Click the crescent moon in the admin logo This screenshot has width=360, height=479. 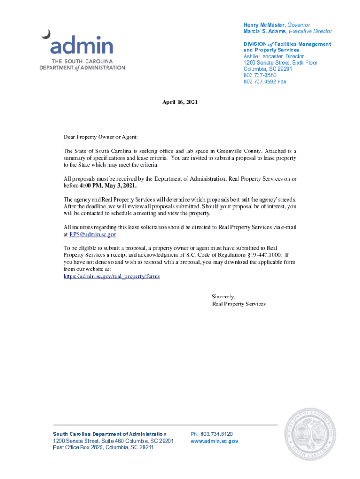45,34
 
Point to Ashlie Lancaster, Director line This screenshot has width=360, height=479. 274,56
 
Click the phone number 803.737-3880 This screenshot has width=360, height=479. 260,75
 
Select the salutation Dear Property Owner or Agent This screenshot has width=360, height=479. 101,137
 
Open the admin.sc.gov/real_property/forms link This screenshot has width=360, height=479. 112,276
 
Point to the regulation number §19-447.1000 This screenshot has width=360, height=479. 262,255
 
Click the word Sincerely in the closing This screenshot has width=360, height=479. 223,297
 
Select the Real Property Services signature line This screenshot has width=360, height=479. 238,304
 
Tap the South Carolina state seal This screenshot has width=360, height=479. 310,434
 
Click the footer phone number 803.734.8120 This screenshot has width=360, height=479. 216,434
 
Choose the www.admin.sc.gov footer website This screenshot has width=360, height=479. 214,441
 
